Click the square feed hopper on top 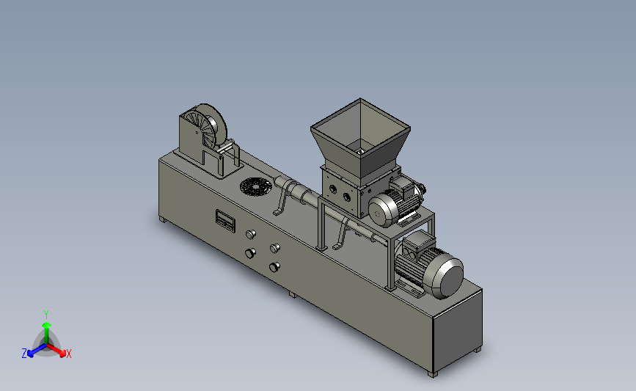pyautogui.click(x=360, y=138)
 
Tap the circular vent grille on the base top pyautogui.click(x=256, y=187)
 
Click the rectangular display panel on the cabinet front pyautogui.click(x=225, y=221)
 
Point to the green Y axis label pyautogui.click(x=46, y=315)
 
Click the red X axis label pyautogui.click(x=69, y=354)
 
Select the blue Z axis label pyautogui.click(x=24, y=354)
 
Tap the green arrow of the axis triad pyautogui.click(x=46, y=333)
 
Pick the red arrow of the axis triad pyautogui.click(x=56, y=350)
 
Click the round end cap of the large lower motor pyautogui.click(x=447, y=277)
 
